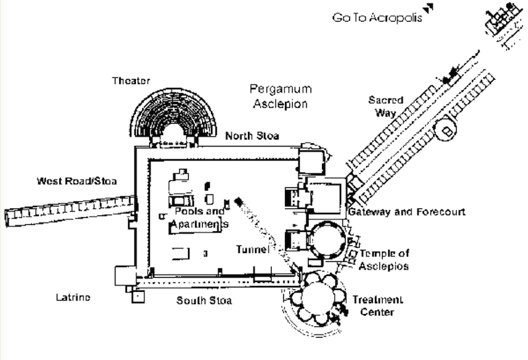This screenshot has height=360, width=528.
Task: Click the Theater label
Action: pos(131,81)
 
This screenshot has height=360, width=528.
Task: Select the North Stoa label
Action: pos(253,136)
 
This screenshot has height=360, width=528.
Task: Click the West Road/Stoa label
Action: pos(77,181)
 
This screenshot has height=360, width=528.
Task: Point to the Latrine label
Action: pos(73,298)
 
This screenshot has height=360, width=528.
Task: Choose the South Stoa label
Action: pos(204,301)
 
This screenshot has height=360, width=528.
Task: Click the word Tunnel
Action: pos(253,249)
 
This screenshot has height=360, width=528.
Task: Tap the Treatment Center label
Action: pos(378,306)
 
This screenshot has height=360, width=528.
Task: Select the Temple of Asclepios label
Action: pos(384,260)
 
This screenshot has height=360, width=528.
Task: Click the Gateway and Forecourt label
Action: pos(407,212)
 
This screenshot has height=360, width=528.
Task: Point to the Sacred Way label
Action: pos(386,106)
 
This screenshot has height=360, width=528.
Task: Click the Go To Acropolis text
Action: pos(377,17)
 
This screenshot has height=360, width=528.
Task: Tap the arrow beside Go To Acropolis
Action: pos(429,8)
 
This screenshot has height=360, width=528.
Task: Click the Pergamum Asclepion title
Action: pos(281,96)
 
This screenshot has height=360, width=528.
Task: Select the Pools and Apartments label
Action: pos(200,217)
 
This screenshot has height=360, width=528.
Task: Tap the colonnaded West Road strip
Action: pos(70,211)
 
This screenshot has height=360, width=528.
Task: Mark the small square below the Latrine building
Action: pos(138,296)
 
